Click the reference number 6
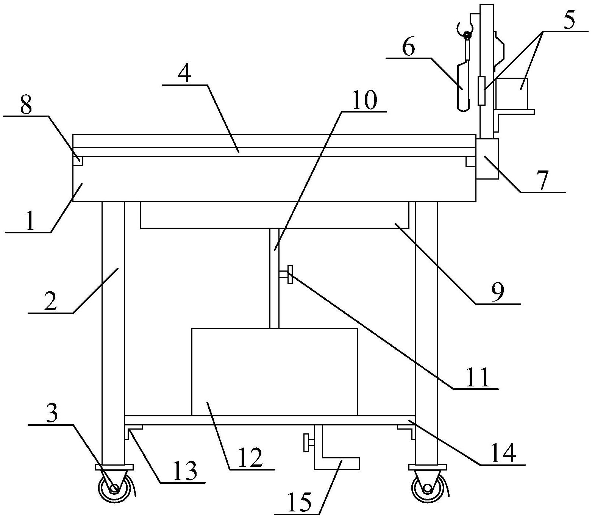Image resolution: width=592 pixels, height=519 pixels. click(x=409, y=47)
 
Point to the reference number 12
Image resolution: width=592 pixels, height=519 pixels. click(x=250, y=458)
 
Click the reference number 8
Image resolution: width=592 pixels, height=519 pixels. click(x=25, y=106)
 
